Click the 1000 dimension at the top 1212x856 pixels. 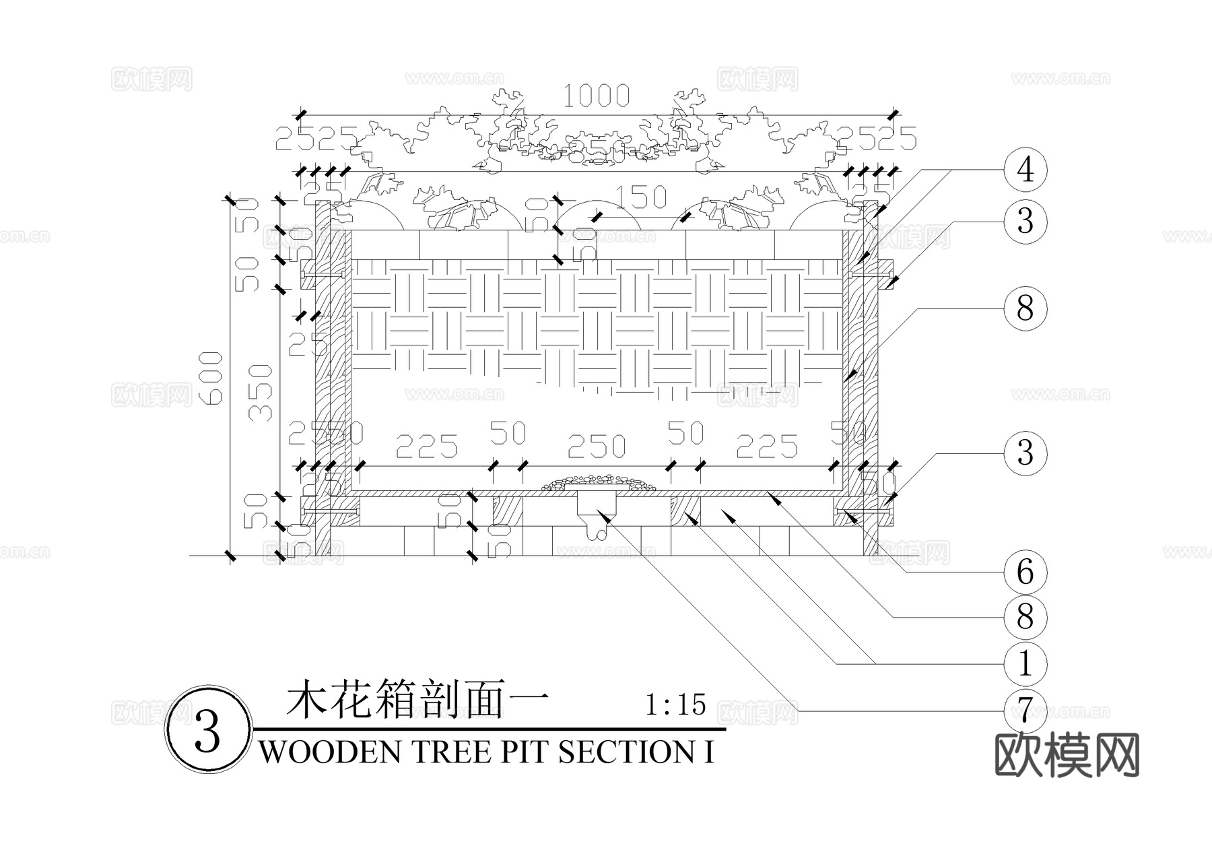(x=596, y=96)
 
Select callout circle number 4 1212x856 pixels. (x=1025, y=169)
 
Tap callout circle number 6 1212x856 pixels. (x=1025, y=572)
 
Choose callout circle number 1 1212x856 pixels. (x=1025, y=664)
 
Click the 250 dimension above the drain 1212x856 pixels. (x=597, y=447)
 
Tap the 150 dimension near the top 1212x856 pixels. (x=640, y=197)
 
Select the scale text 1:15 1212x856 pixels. (x=675, y=705)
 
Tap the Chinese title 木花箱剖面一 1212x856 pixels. (x=417, y=703)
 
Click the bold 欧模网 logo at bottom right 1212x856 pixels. (x=1067, y=755)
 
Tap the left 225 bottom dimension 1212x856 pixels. (x=426, y=447)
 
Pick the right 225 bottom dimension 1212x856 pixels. (x=767, y=447)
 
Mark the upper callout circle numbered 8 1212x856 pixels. (x=1025, y=309)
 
